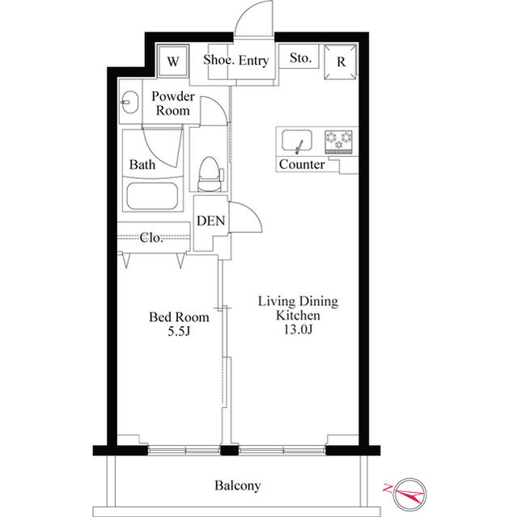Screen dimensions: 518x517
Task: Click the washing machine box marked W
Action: tap(173, 61)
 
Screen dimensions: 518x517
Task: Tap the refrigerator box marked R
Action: tap(341, 61)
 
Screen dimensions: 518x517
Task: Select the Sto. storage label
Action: tap(300, 58)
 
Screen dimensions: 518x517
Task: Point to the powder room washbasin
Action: tap(129, 102)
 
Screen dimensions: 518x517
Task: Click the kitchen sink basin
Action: tap(297, 141)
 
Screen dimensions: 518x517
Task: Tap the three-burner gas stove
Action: tap(338, 142)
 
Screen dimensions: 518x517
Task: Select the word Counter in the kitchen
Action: tap(302, 164)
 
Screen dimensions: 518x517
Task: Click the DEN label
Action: tap(210, 221)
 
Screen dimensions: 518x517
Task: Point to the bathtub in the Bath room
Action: tap(153, 196)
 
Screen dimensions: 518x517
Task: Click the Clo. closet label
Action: tap(151, 237)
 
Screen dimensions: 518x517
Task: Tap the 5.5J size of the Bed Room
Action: tap(179, 331)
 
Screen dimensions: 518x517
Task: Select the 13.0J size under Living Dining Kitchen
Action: tap(298, 329)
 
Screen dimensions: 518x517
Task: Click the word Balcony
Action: tap(237, 485)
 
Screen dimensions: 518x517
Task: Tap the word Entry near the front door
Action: tap(253, 61)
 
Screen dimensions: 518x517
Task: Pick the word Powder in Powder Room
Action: tap(173, 96)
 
